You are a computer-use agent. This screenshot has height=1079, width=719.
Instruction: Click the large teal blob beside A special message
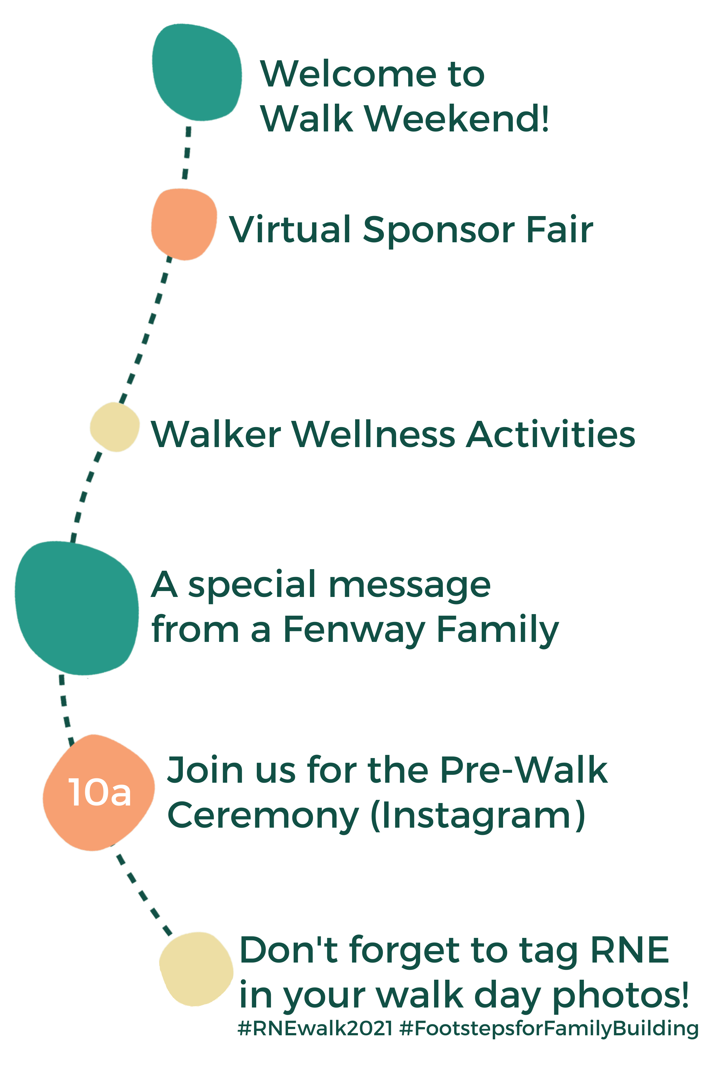pos(76,608)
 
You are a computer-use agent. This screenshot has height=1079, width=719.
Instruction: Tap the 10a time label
pos(100,792)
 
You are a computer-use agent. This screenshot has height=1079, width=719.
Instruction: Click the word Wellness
pos(373,434)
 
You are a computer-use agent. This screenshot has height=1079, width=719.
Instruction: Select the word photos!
pos(620,997)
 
